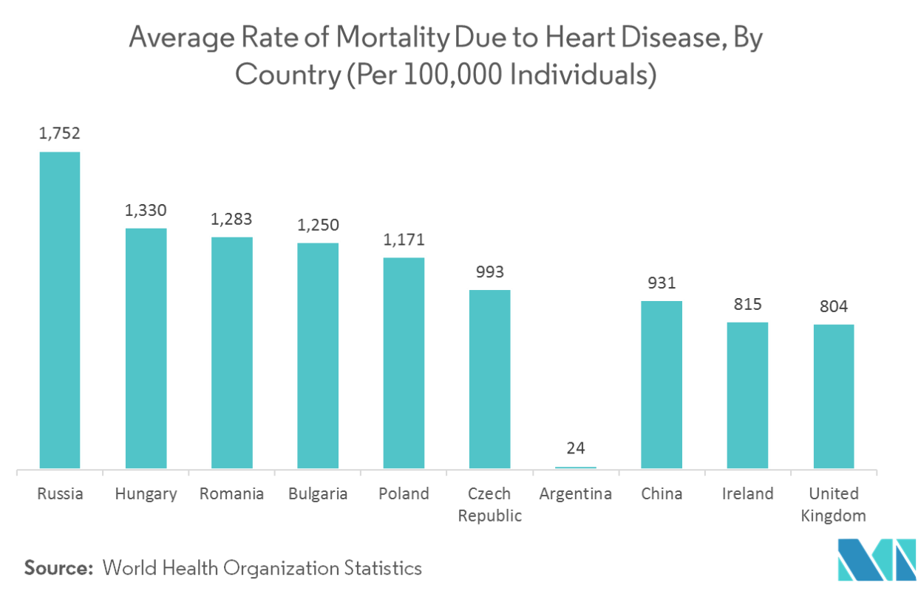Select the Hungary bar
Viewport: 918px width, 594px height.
(146, 347)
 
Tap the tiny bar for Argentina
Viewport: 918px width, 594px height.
(575, 467)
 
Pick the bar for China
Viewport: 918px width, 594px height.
(662, 384)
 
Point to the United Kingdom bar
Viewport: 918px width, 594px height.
(833, 395)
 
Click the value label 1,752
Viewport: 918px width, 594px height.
(60, 134)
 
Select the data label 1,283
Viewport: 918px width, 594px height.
(231, 219)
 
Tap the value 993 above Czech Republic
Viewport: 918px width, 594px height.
(489, 272)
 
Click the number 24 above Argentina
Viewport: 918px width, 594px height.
(575, 448)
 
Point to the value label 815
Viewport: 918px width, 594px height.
(747, 304)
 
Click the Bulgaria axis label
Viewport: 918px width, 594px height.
(317, 494)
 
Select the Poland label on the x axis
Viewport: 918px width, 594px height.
(404, 494)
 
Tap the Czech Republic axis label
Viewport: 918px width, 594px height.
(489, 504)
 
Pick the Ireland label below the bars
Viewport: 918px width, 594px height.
(747, 494)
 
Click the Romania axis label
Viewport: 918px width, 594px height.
(231, 494)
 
